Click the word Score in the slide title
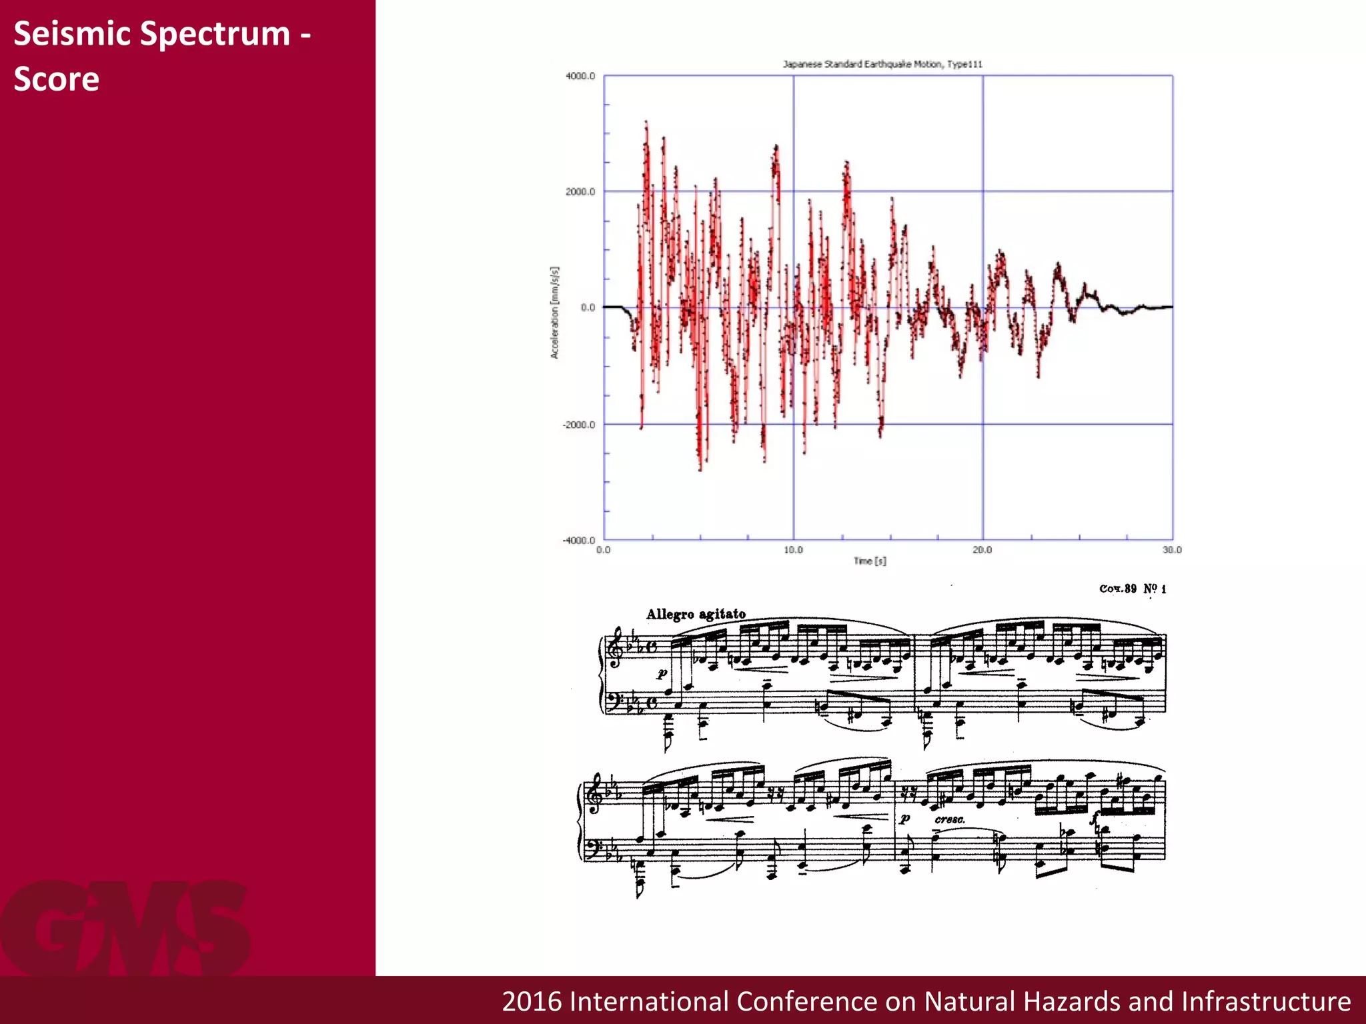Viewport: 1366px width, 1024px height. [x=57, y=79]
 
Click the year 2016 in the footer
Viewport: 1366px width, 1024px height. [x=531, y=1001]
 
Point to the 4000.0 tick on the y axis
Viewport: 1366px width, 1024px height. [x=580, y=76]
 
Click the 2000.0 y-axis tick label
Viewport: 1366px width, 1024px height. [x=580, y=192]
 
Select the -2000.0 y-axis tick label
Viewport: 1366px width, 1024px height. [x=579, y=425]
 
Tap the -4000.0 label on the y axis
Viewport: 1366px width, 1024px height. [x=579, y=541]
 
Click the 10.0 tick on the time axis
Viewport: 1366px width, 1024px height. [x=793, y=550]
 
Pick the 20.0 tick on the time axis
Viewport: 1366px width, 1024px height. [x=982, y=550]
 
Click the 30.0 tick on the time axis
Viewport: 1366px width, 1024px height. [x=1172, y=550]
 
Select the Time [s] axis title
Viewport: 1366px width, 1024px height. [x=870, y=561]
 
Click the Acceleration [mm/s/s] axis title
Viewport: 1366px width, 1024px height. [x=554, y=313]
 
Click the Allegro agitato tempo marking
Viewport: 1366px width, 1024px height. [x=696, y=614]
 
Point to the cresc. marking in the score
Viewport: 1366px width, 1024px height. [x=949, y=819]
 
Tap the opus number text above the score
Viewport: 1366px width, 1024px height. [x=1132, y=589]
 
